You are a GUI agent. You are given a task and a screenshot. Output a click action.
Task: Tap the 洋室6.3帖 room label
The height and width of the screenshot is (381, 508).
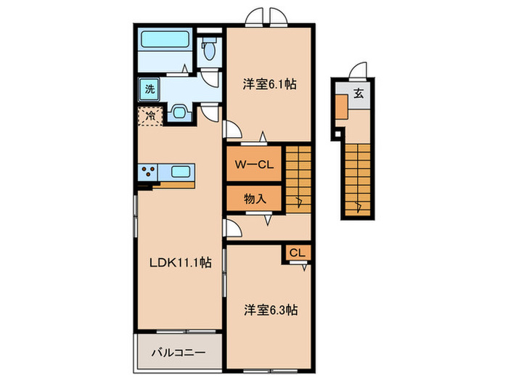click(x=270, y=310)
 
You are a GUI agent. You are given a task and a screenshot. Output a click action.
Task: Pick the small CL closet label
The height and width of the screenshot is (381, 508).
click(x=297, y=253)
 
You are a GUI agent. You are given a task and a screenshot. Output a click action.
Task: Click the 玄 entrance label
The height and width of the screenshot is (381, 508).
click(x=359, y=93)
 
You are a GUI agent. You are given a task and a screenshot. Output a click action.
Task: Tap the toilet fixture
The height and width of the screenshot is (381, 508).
click(x=209, y=49)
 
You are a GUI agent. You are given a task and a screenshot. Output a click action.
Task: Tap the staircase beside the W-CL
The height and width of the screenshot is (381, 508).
click(x=298, y=178)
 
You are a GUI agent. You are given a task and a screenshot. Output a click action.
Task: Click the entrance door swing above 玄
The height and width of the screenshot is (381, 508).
click(x=355, y=70)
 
